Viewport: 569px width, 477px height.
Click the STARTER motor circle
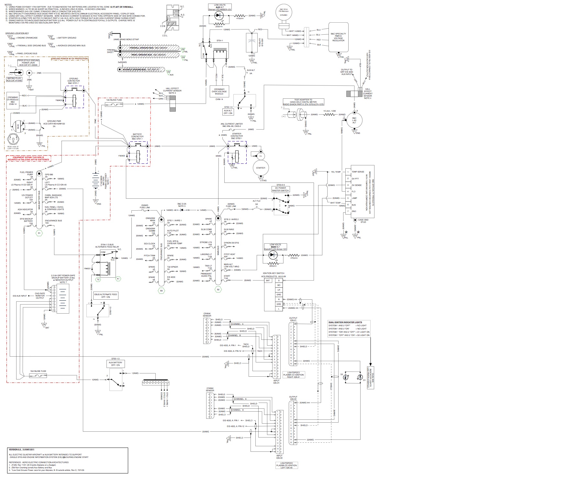(261, 168)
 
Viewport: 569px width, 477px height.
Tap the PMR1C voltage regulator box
(338, 37)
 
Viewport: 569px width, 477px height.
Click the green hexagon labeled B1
(39, 233)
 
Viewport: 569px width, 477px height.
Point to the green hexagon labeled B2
(218, 290)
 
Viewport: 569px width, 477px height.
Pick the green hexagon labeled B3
(161, 291)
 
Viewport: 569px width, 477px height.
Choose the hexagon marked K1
(118, 278)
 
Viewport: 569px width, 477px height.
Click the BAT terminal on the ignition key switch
(268, 281)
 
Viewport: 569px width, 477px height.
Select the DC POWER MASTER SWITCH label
(280, 189)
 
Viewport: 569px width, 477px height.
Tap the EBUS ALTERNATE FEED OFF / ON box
(106, 295)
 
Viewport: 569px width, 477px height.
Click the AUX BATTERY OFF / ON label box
(116, 364)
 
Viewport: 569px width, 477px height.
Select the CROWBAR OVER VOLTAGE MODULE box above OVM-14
(219, 92)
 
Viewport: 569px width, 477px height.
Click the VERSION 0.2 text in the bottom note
(21, 449)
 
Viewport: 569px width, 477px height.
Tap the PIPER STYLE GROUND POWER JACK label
(30, 62)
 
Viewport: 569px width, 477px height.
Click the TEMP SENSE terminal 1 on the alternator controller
(348, 172)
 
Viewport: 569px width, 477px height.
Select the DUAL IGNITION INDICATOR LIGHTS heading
(345, 322)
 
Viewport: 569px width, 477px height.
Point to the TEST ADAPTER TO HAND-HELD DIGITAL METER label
(303, 102)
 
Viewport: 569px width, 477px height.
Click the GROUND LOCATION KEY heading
(17, 33)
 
